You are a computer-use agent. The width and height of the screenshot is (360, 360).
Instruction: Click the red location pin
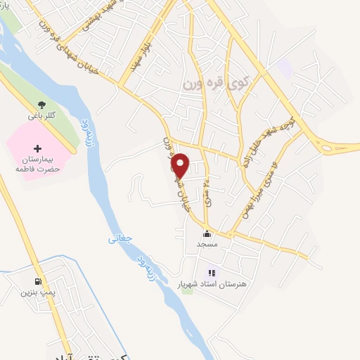point(181,165)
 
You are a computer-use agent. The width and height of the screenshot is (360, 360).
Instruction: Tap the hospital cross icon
point(37,149)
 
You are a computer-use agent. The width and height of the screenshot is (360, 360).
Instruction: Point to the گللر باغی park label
point(31,115)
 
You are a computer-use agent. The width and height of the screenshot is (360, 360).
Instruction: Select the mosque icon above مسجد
point(206,235)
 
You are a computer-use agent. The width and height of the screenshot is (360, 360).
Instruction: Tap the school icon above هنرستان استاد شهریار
point(211,273)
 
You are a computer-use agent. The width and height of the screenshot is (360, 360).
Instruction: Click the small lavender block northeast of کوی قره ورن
point(284,68)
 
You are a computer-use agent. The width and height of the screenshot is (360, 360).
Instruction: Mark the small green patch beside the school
point(187,290)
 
